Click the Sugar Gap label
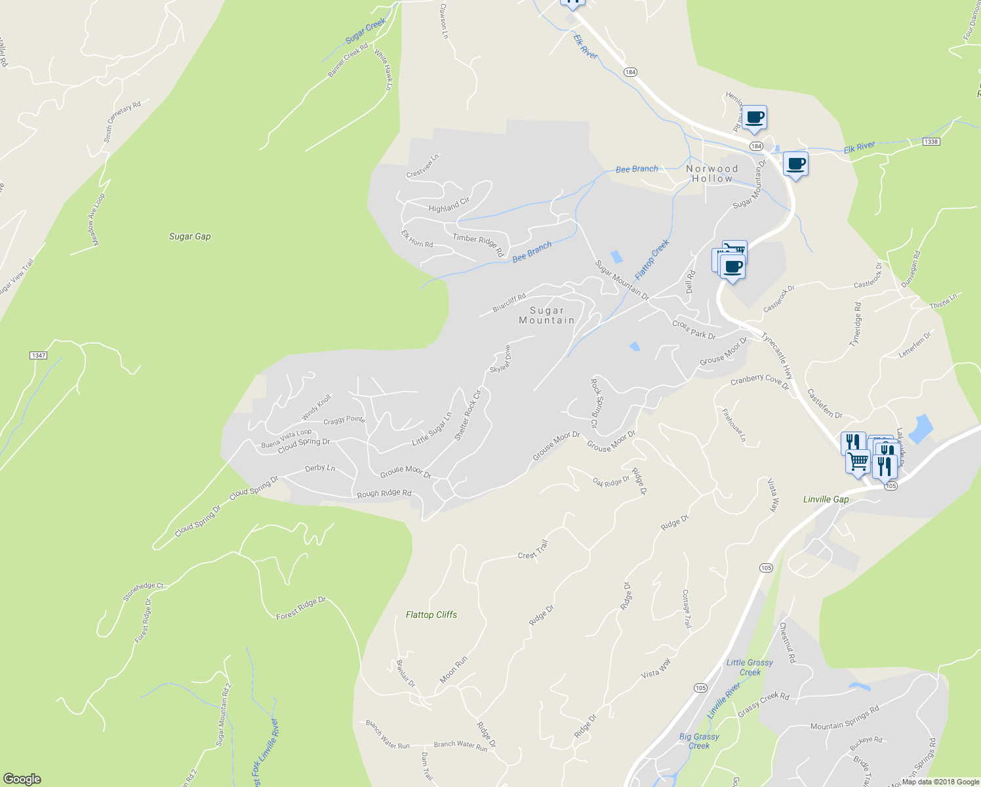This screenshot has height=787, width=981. pyautogui.click(x=190, y=236)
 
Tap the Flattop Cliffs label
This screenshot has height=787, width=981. pyautogui.click(x=431, y=615)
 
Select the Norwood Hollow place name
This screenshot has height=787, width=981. pyautogui.click(x=711, y=173)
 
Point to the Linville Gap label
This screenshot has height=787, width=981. pyautogui.click(x=826, y=499)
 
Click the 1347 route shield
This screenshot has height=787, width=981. pyautogui.click(x=38, y=355)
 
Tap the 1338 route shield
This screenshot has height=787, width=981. pyautogui.click(x=930, y=142)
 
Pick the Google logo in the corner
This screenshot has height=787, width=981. pyautogui.click(x=22, y=779)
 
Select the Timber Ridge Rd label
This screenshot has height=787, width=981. pyautogui.click(x=478, y=244)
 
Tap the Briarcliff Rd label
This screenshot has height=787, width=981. pyautogui.click(x=510, y=303)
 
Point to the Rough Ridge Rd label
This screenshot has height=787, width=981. pyautogui.click(x=384, y=493)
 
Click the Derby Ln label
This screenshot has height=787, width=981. pyautogui.click(x=320, y=468)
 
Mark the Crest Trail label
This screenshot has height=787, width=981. pyautogui.click(x=532, y=550)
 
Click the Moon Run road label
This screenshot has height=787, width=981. pyautogui.click(x=453, y=670)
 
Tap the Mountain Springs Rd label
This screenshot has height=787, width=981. pyautogui.click(x=844, y=717)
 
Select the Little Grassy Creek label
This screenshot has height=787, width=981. pyautogui.click(x=750, y=667)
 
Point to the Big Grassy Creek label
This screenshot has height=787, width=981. pyautogui.click(x=698, y=741)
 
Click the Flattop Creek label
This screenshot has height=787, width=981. pyautogui.click(x=652, y=258)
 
